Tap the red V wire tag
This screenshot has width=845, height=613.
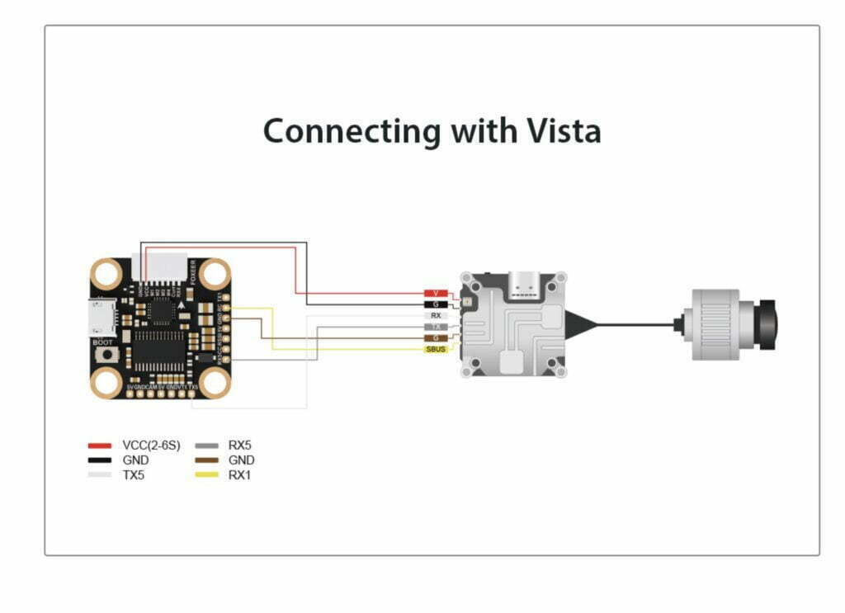tap(436, 294)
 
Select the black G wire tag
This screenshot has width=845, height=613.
tap(436, 304)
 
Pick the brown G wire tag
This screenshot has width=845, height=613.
tap(436, 338)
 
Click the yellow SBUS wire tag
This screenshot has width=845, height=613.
tap(436, 350)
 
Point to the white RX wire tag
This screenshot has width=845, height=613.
tap(436, 315)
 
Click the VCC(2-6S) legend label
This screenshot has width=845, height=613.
tap(151, 446)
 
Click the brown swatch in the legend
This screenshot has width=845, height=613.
tap(207, 460)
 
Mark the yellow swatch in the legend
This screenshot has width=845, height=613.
tap(207, 475)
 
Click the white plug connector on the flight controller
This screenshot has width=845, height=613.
tap(166, 266)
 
